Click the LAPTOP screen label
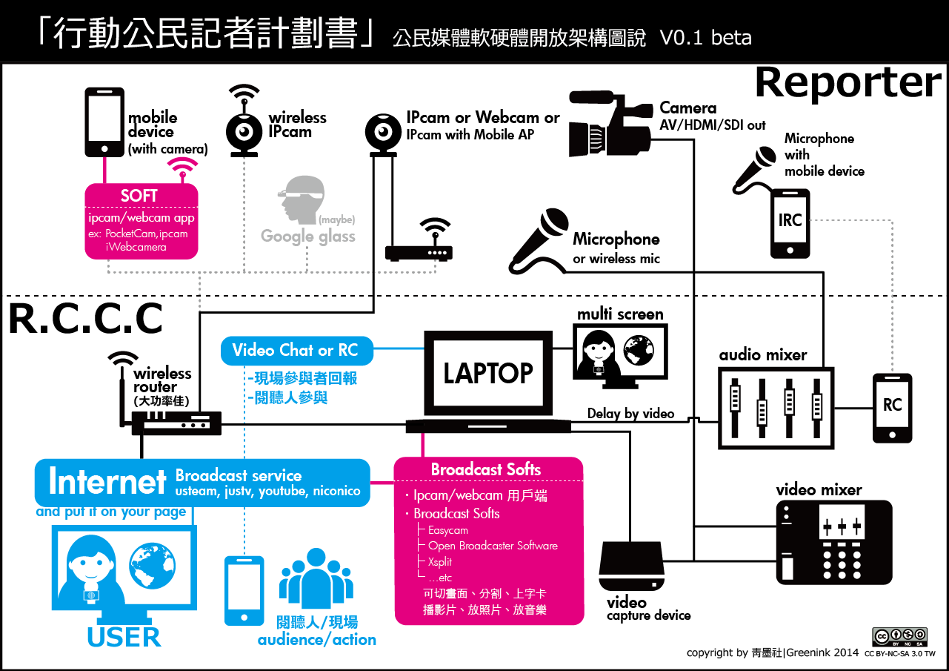point(488,373)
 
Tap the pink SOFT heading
point(139,196)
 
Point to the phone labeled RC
point(892,407)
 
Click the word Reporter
point(848,82)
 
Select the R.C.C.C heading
point(85,320)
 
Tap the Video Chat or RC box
point(296,351)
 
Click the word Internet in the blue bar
point(107,483)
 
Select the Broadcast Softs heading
point(486,470)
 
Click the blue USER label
point(124,637)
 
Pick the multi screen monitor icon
point(620,353)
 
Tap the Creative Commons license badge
point(899,637)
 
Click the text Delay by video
point(630,413)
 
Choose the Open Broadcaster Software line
point(493,546)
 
